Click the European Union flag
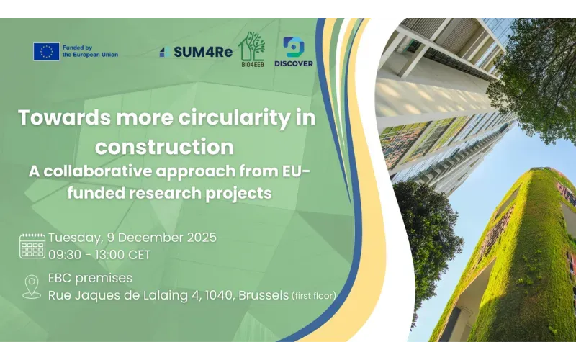46,51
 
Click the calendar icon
32,246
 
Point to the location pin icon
32,286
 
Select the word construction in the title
164,147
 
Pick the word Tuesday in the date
74,238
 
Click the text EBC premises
90,278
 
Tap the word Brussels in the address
262,294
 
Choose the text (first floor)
313,295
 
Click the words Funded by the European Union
90,51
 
